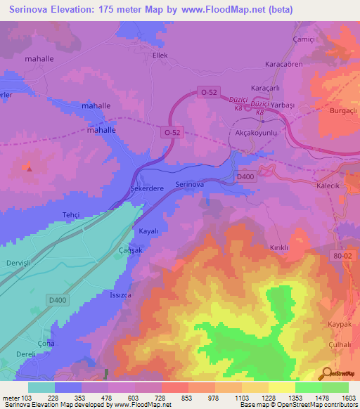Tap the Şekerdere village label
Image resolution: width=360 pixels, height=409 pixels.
(x=147, y=188)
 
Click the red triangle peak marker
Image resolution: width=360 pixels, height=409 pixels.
(x=28, y=168)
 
